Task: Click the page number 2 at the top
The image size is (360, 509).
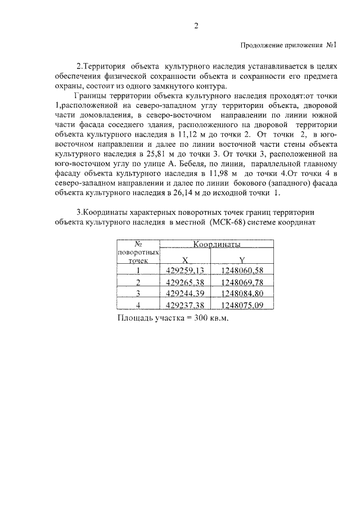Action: [x=196, y=26]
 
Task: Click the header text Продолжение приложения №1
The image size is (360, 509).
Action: [x=288, y=45]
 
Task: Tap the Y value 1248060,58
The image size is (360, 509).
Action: [x=242, y=271]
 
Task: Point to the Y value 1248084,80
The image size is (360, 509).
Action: [x=242, y=293]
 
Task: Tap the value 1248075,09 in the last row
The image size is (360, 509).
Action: [x=242, y=305]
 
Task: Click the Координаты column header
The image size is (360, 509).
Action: [x=217, y=245]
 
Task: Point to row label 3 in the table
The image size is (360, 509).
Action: [x=138, y=293]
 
